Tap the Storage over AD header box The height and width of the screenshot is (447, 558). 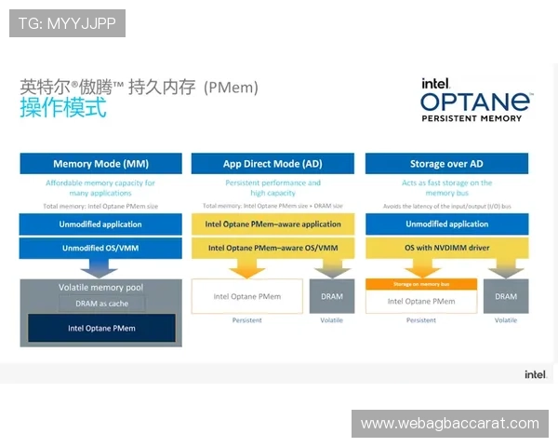446,164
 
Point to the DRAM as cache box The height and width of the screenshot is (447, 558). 101,304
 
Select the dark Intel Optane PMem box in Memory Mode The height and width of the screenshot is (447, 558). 101,328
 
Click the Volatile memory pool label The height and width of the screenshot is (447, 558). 101,288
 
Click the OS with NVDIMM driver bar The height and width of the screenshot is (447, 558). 446,248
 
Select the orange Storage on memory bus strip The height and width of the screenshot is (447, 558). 421,284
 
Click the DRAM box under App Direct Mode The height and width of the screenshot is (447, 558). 331,297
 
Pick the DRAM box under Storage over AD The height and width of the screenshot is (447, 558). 505,297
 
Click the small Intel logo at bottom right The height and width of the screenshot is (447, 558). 535,374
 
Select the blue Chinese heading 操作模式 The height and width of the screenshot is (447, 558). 63,108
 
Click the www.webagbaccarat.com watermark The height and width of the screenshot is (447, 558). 449,424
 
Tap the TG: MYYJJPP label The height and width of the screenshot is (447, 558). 67,23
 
